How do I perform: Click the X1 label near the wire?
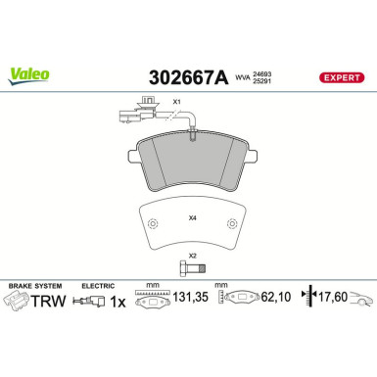177,102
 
